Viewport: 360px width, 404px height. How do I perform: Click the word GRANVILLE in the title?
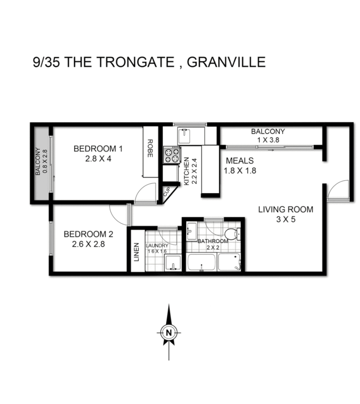click(226, 62)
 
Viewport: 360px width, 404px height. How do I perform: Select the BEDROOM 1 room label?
click(98, 149)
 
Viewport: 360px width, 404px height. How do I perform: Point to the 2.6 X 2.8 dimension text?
click(88, 244)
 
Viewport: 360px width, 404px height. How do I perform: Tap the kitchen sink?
click(185, 135)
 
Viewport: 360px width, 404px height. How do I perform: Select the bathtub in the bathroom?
click(201, 263)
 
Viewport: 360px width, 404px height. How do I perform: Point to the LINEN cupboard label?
click(137, 252)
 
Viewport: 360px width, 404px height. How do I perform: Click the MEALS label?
click(240, 161)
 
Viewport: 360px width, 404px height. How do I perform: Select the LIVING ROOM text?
click(286, 209)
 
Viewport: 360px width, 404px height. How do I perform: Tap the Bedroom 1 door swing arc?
click(146, 193)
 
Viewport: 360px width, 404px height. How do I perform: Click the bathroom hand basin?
click(191, 229)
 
